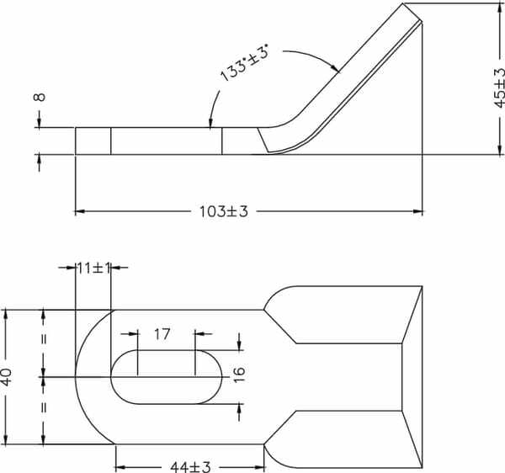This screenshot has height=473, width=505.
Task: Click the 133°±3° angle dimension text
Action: (245, 64)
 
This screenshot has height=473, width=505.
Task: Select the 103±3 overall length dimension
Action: (224, 212)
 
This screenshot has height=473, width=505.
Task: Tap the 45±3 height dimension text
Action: (500, 88)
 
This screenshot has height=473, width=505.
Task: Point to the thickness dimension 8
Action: (40, 97)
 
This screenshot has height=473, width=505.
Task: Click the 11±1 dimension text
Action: (93, 268)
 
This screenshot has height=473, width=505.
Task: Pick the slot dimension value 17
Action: (162, 334)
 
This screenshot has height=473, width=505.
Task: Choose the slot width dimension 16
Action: (239, 375)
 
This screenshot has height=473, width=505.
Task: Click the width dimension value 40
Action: (7, 377)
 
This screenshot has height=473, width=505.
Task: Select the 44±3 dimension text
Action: (190, 467)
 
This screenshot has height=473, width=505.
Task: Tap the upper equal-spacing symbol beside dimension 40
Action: (44, 339)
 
